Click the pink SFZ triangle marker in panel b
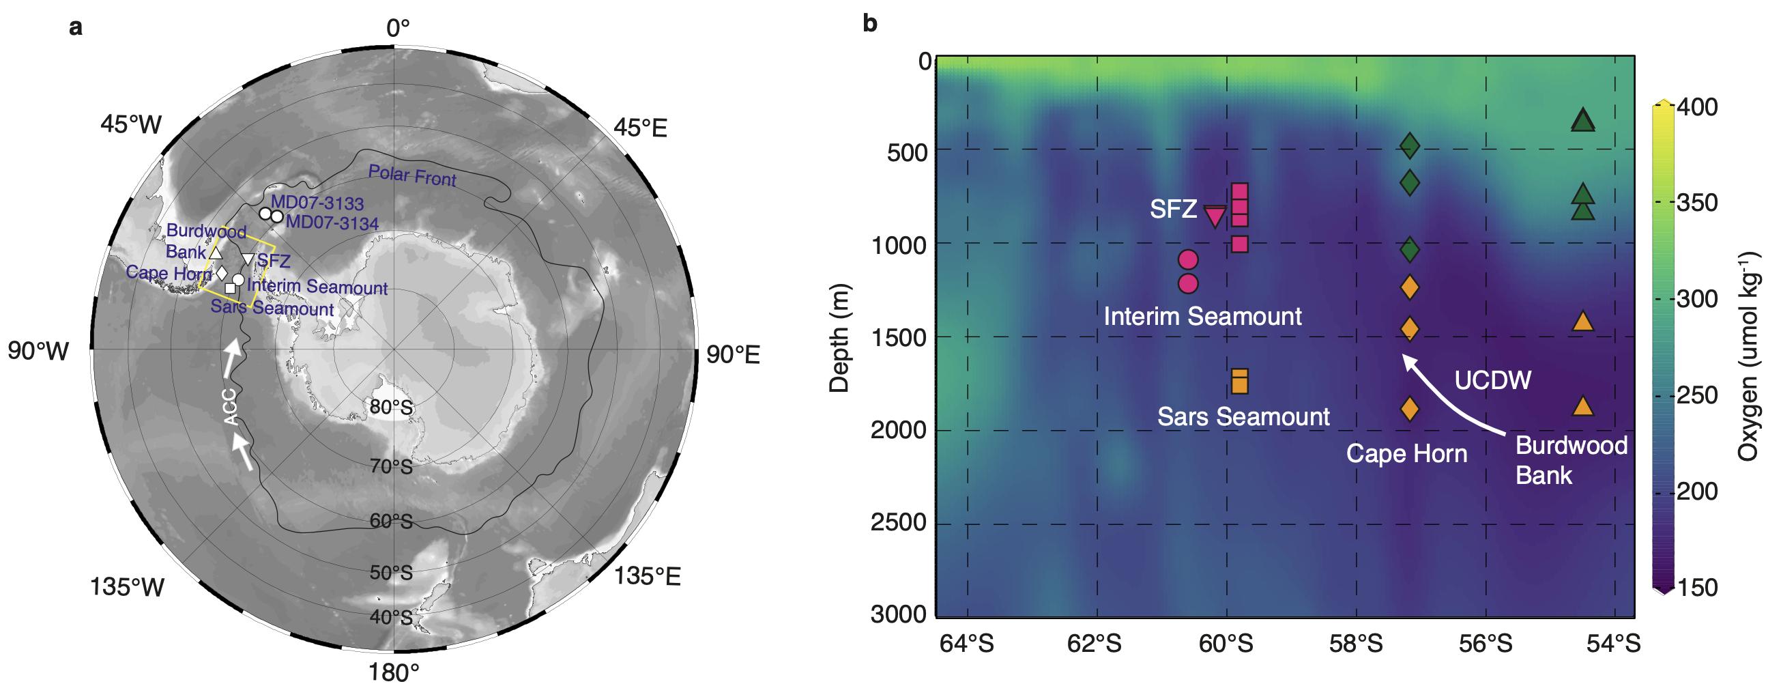click(x=1215, y=216)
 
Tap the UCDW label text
click(x=1492, y=380)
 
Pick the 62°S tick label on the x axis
click(x=1095, y=644)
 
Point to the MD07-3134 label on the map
click(x=332, y=223)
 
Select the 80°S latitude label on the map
click(x=391, y=408)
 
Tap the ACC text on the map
click(x=232, y=407)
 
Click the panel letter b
click(x=870, y=25)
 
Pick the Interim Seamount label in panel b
click(x=1202, y=317)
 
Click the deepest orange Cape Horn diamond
click(x=1410, y=410)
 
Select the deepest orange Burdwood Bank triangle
click(x=1583, y=407)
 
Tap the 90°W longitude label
click(x=39, y=352)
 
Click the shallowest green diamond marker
click(x=1410, y=145)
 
